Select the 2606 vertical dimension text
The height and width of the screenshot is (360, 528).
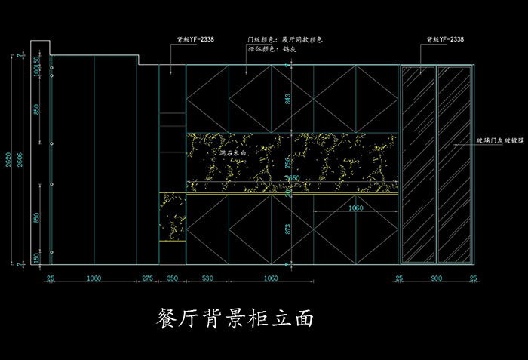point(20,160)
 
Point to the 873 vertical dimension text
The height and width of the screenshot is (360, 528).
point(287,229)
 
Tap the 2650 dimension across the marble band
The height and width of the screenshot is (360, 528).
point(292,178)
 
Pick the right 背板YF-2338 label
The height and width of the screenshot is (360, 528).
point(445,38)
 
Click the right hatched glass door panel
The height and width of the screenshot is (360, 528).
point(453,164)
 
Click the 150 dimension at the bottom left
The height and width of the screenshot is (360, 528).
point(36,257)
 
